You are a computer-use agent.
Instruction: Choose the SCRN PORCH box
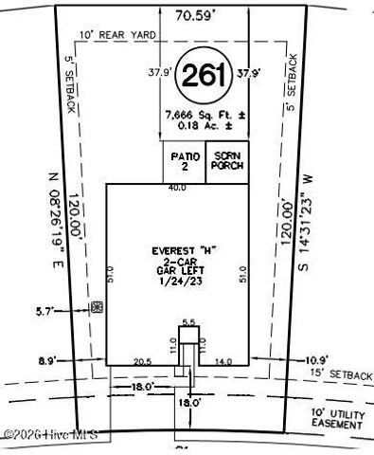(227, 159)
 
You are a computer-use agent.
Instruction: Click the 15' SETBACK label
(337, 375)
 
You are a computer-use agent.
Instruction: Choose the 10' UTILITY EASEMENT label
(336, 420)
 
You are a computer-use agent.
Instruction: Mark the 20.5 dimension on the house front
(143, 361)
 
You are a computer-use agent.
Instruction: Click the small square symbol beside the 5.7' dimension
(96, 307)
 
